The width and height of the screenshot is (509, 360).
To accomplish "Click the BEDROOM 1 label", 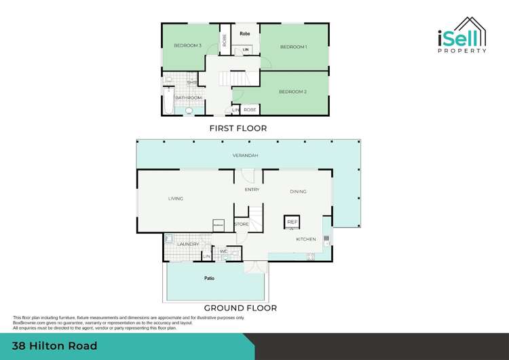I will (x=294, y=47).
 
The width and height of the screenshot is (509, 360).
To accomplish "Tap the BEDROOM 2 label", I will (x=293, y=92).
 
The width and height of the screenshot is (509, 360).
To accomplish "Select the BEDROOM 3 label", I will (x=187, y=46).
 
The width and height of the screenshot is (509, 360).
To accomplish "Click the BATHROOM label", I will (x=189, y=98).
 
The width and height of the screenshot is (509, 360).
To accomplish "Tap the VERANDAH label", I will (x=246, y=156).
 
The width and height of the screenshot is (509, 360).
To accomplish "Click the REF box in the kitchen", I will (x=292, y=222).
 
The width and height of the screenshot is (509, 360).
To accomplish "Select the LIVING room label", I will (x=176, y=198).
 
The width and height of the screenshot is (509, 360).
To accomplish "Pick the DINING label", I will (x=299, y=192).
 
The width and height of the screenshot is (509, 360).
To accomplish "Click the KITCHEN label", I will (x=306, y=239).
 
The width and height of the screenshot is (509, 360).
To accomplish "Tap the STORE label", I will (x=242, y=223).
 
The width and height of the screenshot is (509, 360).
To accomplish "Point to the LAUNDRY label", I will (x=188, y=244).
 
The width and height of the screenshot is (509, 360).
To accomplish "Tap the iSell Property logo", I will (x=461, y=37).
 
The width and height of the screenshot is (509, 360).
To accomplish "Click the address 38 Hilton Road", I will (x=55, y=346).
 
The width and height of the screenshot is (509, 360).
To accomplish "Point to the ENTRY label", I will (x=252, y=190).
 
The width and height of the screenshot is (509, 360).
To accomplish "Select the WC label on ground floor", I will (x=223, y=251).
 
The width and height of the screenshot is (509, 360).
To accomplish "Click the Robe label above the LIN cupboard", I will (x=246, y=32).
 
